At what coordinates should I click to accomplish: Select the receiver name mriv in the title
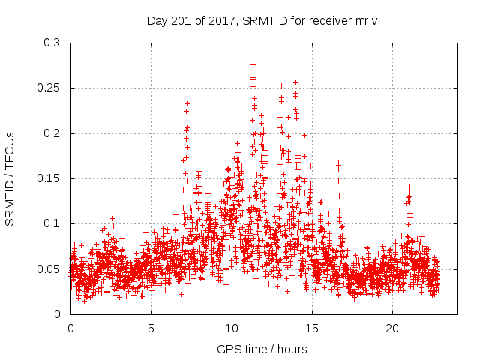pyautogui.click(x=364, y=21)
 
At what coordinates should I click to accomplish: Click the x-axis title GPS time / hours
pyautogui.click(x=262, y=349)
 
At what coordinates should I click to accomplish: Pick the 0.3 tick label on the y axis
pyautogui.click(x=52, y=43)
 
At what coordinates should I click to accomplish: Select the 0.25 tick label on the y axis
pyautogui.click(x=49, y=88)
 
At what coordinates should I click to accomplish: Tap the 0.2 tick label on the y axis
pyautogui.click(x=52, y=133)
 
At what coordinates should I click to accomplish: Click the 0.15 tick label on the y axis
pyautogui.click(x=49, y=178)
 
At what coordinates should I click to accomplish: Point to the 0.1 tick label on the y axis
pyautogui.click(x=52, y=223)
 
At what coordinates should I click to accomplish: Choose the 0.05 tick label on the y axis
pyautogui.click(x=49, y=268)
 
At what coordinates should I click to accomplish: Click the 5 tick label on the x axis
pyautogui.click(x=151, y=328)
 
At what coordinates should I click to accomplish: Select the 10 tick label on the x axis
pyautogui.click(x=232, y=328)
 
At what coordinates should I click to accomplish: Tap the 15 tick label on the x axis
pyautogui.click(x=312, y=328)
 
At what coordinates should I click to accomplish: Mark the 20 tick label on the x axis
pyautogui.click(x=392, y=328)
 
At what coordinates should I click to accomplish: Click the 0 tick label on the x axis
pyautogui.click(x=70, y=328)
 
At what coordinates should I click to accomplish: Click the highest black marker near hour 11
pyautogui.click(x=253, y=64)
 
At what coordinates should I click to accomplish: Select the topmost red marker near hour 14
pyautogui.click(x=295, y=82)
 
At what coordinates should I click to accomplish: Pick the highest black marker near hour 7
pyautogui.click(x=187, y=103)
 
